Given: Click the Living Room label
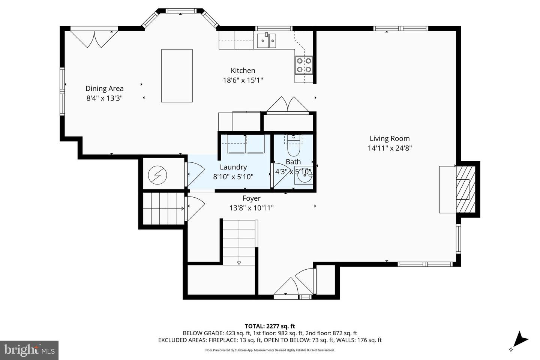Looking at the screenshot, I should (390, 138).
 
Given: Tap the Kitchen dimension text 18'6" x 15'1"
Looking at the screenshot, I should (243, 80).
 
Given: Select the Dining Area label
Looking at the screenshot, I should (104, 88).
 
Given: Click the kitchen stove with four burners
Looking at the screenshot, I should (304, 64).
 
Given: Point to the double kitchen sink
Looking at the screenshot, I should (267, 40).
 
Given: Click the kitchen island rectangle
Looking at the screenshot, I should (177, 76).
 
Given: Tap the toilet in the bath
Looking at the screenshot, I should (293, 149).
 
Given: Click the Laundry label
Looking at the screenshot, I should (233, 167).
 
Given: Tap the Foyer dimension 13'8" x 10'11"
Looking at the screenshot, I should (251, 208).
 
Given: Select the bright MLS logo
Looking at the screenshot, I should (29, 350).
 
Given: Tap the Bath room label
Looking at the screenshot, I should (293, 162).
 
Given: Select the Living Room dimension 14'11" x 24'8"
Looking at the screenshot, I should (390, 148).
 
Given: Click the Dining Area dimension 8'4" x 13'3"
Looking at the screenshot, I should (104, 98).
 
